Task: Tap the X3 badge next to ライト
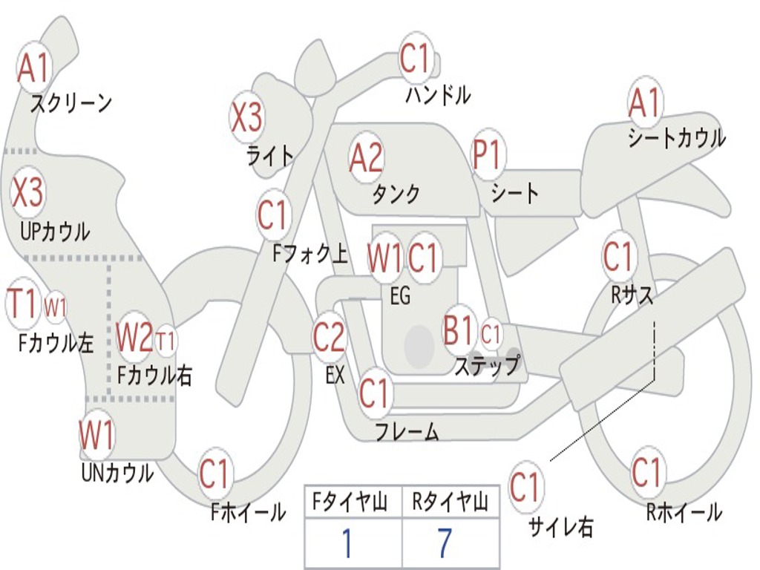point(246,117)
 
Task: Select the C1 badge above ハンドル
point(416,58)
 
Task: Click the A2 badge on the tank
point(366,157)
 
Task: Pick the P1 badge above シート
point(488,156)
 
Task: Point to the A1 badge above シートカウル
point(644,102)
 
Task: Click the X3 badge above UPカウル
point(27,193)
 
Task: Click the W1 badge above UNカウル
point(97,435)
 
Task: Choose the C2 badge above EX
point(329,338)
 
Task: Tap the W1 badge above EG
point(384,258)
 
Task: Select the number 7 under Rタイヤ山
point(445,543)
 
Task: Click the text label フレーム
point(407,431)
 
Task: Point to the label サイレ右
point(561,527)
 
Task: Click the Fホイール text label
point(248,511)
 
